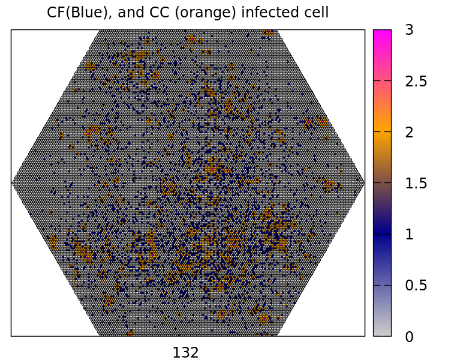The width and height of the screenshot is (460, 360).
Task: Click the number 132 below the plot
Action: (185, 353)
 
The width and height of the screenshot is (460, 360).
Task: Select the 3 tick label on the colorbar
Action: (409, 30)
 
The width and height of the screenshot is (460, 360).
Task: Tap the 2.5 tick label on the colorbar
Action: (416, 81)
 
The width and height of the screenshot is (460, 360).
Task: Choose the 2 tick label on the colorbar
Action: (409, 132)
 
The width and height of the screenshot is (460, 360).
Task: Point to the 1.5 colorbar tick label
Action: (416, 183)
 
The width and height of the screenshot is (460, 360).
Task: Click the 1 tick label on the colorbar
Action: (409, 234)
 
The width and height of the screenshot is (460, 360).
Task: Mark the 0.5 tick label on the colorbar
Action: (416, 285)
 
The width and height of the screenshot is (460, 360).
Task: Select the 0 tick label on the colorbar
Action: (409, 337)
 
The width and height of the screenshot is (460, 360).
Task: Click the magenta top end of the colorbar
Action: (382, 33)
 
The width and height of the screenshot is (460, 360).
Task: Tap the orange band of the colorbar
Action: (382, 132)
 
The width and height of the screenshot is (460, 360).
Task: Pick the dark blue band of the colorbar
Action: (382, 234)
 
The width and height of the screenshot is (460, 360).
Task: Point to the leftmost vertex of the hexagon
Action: (12, 182)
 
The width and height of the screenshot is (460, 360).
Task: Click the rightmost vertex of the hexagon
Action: (364, 182)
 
